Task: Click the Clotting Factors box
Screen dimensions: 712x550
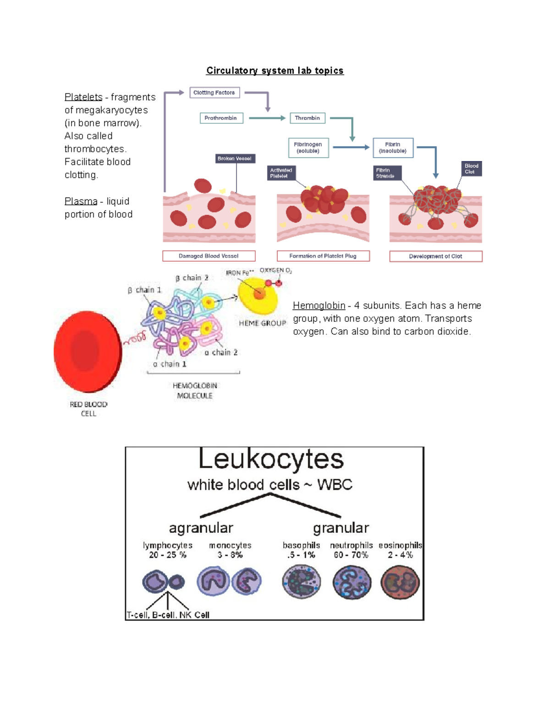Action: coord(214,93)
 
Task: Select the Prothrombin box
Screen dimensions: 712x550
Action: coord(221,118)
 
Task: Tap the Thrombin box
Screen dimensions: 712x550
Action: coord(308,118)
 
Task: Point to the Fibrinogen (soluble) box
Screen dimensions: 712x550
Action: coord(308,148)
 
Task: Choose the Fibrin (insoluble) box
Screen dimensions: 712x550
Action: coord(393,148)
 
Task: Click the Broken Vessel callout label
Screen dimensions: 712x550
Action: coord(235,159)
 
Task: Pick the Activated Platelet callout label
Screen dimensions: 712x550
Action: coord(281,173)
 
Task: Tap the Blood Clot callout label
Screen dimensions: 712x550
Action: coord(471,169)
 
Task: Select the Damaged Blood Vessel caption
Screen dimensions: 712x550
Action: coord(209,256)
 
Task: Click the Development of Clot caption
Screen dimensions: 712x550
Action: coord(435,256)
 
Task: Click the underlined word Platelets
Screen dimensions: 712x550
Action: coord(83,97)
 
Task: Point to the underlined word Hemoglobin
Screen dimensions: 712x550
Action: coord(319,306)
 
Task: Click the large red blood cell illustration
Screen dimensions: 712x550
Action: coord(88,351)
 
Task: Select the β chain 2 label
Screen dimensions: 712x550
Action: coord(192,278)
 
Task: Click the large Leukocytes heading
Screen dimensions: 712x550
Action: coord(271,459)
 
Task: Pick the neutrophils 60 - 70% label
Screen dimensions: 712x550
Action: coord(351,550)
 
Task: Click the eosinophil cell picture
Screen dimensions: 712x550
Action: coord(400,583)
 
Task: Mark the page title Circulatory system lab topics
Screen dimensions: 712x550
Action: coord(275,71)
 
